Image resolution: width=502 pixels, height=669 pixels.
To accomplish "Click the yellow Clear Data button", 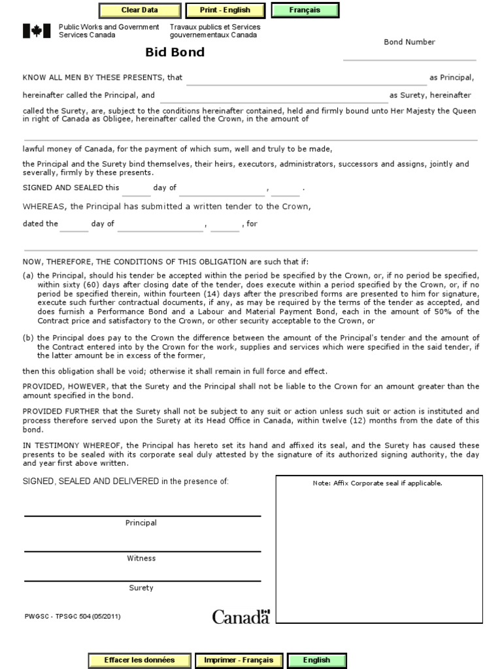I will pyautogui.click(x=140, y=10).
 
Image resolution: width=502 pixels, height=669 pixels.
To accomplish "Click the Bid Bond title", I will pyautogui.click(x=175, y=52).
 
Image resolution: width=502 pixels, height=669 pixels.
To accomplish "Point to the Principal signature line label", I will pyautogui.click(x=141, y=523).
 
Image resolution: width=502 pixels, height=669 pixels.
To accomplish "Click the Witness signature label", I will pyautogui.click(x=141, y=559).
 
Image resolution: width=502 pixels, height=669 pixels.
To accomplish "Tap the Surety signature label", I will pyautogui.click(x=141, y=588).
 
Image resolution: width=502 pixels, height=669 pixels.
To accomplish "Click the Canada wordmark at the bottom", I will pyautogui.click(x=241, y=617).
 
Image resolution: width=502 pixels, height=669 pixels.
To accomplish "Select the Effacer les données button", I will pyautogui.click(x=139, y=660).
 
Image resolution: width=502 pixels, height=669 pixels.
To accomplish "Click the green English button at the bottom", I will pyautogui.click(x=316, y=660).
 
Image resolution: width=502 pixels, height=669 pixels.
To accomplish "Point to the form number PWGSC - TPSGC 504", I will pyautogui.click(x=72, y=616).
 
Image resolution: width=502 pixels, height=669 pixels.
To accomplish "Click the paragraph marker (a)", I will pyautogui.click(x=28, y=275).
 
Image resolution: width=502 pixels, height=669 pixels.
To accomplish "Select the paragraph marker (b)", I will pyautogui.click(x=28, y=338).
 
